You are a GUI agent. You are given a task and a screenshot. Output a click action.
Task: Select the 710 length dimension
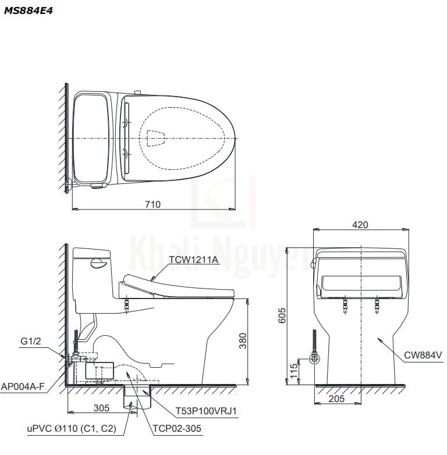click(153, 204)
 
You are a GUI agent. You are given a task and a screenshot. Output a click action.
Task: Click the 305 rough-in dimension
click(101, 408)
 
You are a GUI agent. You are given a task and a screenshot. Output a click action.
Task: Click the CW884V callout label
click(422, 354)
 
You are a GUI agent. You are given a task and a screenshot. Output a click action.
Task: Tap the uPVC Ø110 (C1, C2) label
click(71, 429)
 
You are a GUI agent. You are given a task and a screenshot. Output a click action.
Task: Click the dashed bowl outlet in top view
click(155, 138)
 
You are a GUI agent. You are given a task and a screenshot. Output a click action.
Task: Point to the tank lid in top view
click(90, 138)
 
